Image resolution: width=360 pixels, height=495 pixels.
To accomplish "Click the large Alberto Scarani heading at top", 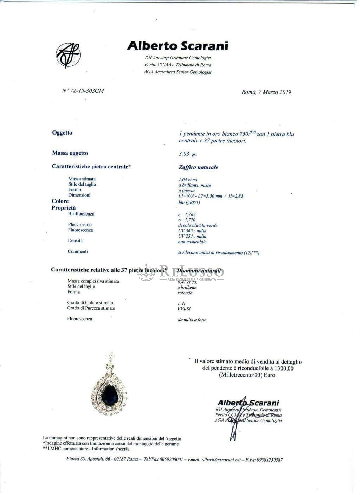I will (x=178, y=46).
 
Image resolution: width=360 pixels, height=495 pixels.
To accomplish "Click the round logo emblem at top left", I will (x=68, y=55).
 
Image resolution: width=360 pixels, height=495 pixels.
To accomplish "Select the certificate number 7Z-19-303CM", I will (x=83, y=91).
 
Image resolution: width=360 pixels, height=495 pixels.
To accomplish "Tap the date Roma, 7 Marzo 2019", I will (x=266, y=92).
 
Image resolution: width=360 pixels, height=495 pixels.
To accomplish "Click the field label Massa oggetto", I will (x=70, y=153).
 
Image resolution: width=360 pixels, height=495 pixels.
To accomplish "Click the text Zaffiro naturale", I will (x=198, y=167).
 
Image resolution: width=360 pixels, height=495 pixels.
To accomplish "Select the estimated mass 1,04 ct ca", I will (x=188, y=180).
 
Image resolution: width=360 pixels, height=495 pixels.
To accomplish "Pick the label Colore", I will (x=60, y=201).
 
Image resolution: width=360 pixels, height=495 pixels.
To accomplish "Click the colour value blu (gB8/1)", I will (x=189, y=202).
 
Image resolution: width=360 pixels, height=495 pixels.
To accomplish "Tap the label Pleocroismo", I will (x=80, y=224).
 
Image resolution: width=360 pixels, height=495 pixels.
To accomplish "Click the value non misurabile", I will (x=192, y=242).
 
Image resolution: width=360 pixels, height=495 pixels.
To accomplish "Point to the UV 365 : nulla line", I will (x=192, y=231).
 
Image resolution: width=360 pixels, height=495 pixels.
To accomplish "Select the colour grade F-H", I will (x=182, y=303).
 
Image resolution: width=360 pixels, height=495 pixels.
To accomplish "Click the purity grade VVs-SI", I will (x=184, y=309).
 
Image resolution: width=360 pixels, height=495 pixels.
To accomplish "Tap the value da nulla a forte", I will (x=192, y=320).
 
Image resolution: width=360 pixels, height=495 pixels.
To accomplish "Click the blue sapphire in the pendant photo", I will (x=109, y=394).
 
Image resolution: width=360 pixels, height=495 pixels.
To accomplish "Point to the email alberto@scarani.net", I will (x=214, y=459).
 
